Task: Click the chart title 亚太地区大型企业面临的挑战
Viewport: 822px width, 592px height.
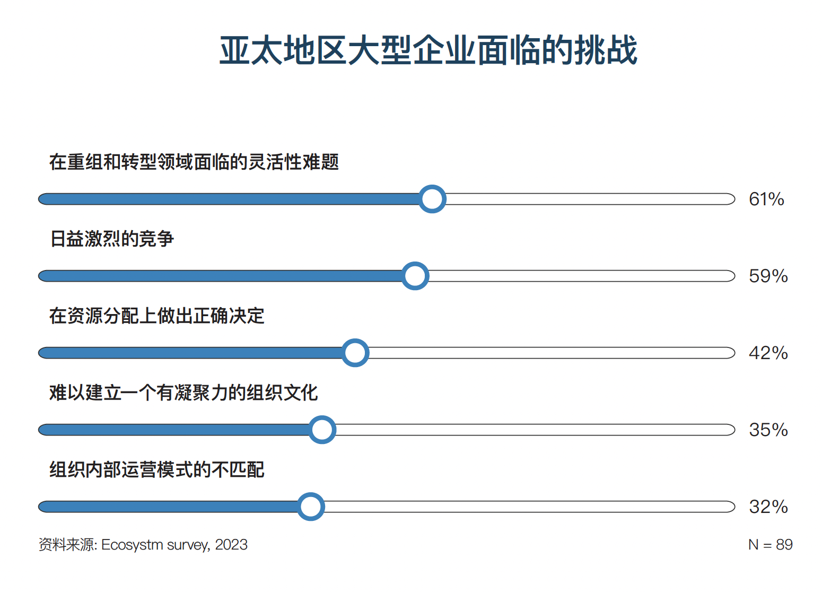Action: click(x=428, y=51)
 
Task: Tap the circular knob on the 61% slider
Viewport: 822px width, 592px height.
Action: click(x=432, y=199)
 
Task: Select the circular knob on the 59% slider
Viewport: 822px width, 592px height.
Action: click(x=415, y=276)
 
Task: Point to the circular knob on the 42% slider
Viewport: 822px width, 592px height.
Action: click(x=355, y=353)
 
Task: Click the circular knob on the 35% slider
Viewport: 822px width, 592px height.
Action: click(x=322, y=430)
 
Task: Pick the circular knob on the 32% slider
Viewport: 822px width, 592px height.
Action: click(x=311, y=507)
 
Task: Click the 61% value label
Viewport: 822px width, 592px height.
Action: click(x=766, y=199)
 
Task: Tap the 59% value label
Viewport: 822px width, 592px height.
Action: click(x=768, y=276)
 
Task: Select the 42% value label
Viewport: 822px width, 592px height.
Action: click(x=768, y=353)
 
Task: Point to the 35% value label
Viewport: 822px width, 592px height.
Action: click(x=768, y=430)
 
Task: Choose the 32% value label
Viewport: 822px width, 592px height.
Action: click(x=768, y=507)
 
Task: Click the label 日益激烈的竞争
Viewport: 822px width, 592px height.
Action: click(x=112, y=239)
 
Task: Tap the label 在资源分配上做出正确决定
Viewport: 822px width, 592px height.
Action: click(x=157, y=316)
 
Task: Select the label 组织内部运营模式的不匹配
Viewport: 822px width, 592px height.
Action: click(x=157, y=469)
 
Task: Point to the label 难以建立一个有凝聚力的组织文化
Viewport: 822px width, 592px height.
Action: click(x=183, y=393)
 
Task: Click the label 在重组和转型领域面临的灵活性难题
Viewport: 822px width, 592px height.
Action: click(x=194, y=162)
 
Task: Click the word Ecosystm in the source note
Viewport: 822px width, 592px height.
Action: click(x=132, y=545)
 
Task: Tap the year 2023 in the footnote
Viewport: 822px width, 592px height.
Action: click(x=231, y=545)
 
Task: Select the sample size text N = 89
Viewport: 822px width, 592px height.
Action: click(x=770, y=545)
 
